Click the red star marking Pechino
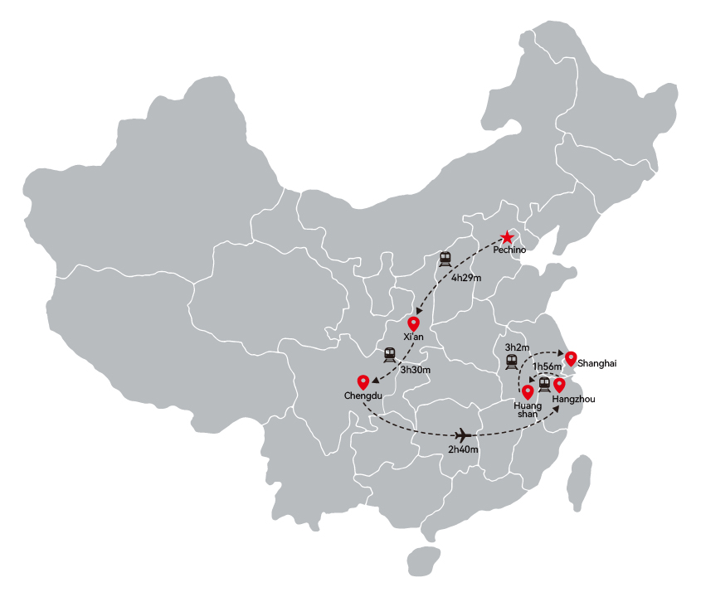click(x=507, y=237)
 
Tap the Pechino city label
click(x=509, y=250)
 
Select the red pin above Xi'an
click(x=413, y=323)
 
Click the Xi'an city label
click(x=413, y=337)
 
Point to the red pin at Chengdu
click(x=363, y=382)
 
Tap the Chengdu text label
click(x=363, y=396)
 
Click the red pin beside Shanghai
click(x=571, y=359)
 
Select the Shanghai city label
click(x=596, y=363)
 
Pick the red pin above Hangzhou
click(x=559, y=386)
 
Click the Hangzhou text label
click(x=573, y=399)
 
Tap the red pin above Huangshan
click(x=528, y=392)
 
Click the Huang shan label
click(x=528, y=410)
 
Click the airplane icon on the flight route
click(x=463, y=434)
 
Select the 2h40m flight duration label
click(x=463, y=449)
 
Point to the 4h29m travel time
click(x=466, y=278)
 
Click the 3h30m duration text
click(x=416, y=370)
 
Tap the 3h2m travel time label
click(x=518, y=347)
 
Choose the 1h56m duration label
click(x=547, y=366)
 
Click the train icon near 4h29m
click(x=445, y=260)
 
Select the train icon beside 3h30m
click(x=389, y=355)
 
